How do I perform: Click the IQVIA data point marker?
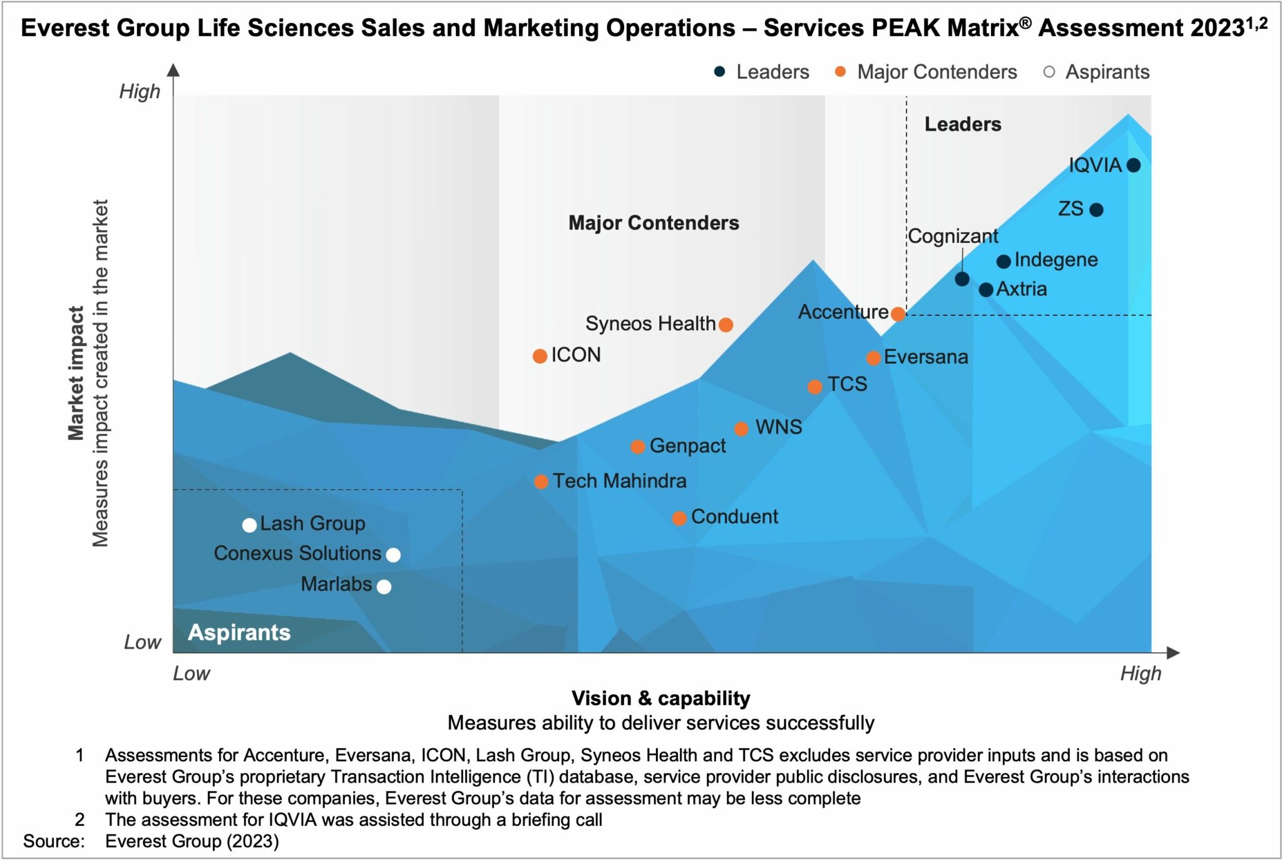click(x=1133, y=165)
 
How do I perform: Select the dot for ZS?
click(x=1096, y=210)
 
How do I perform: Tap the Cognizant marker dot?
click(x=962, y=279)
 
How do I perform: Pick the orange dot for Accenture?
click(x=898, y=314)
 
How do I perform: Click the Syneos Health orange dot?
click(x=726, y=325)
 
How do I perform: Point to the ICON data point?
click(x=540, y=356)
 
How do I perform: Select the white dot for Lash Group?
click(x=249, y=525)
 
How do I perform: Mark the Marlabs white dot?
click(x=384, y=587)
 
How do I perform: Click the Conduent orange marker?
click(x=679, y=519)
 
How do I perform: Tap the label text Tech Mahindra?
click(x=619, y=481)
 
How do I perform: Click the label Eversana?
click(x=926, y=357)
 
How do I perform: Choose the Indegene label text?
click(x=1056, y=260)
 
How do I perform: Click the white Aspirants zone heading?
click(x=239, y=632)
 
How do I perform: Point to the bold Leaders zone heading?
click(x=963, y=124)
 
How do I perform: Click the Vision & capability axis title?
click(x=660, y=698)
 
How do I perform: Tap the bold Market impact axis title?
click(x=76, y=373)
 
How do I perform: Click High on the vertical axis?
click(x=140, y=92)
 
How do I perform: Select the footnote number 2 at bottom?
click(x=79, y=819)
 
